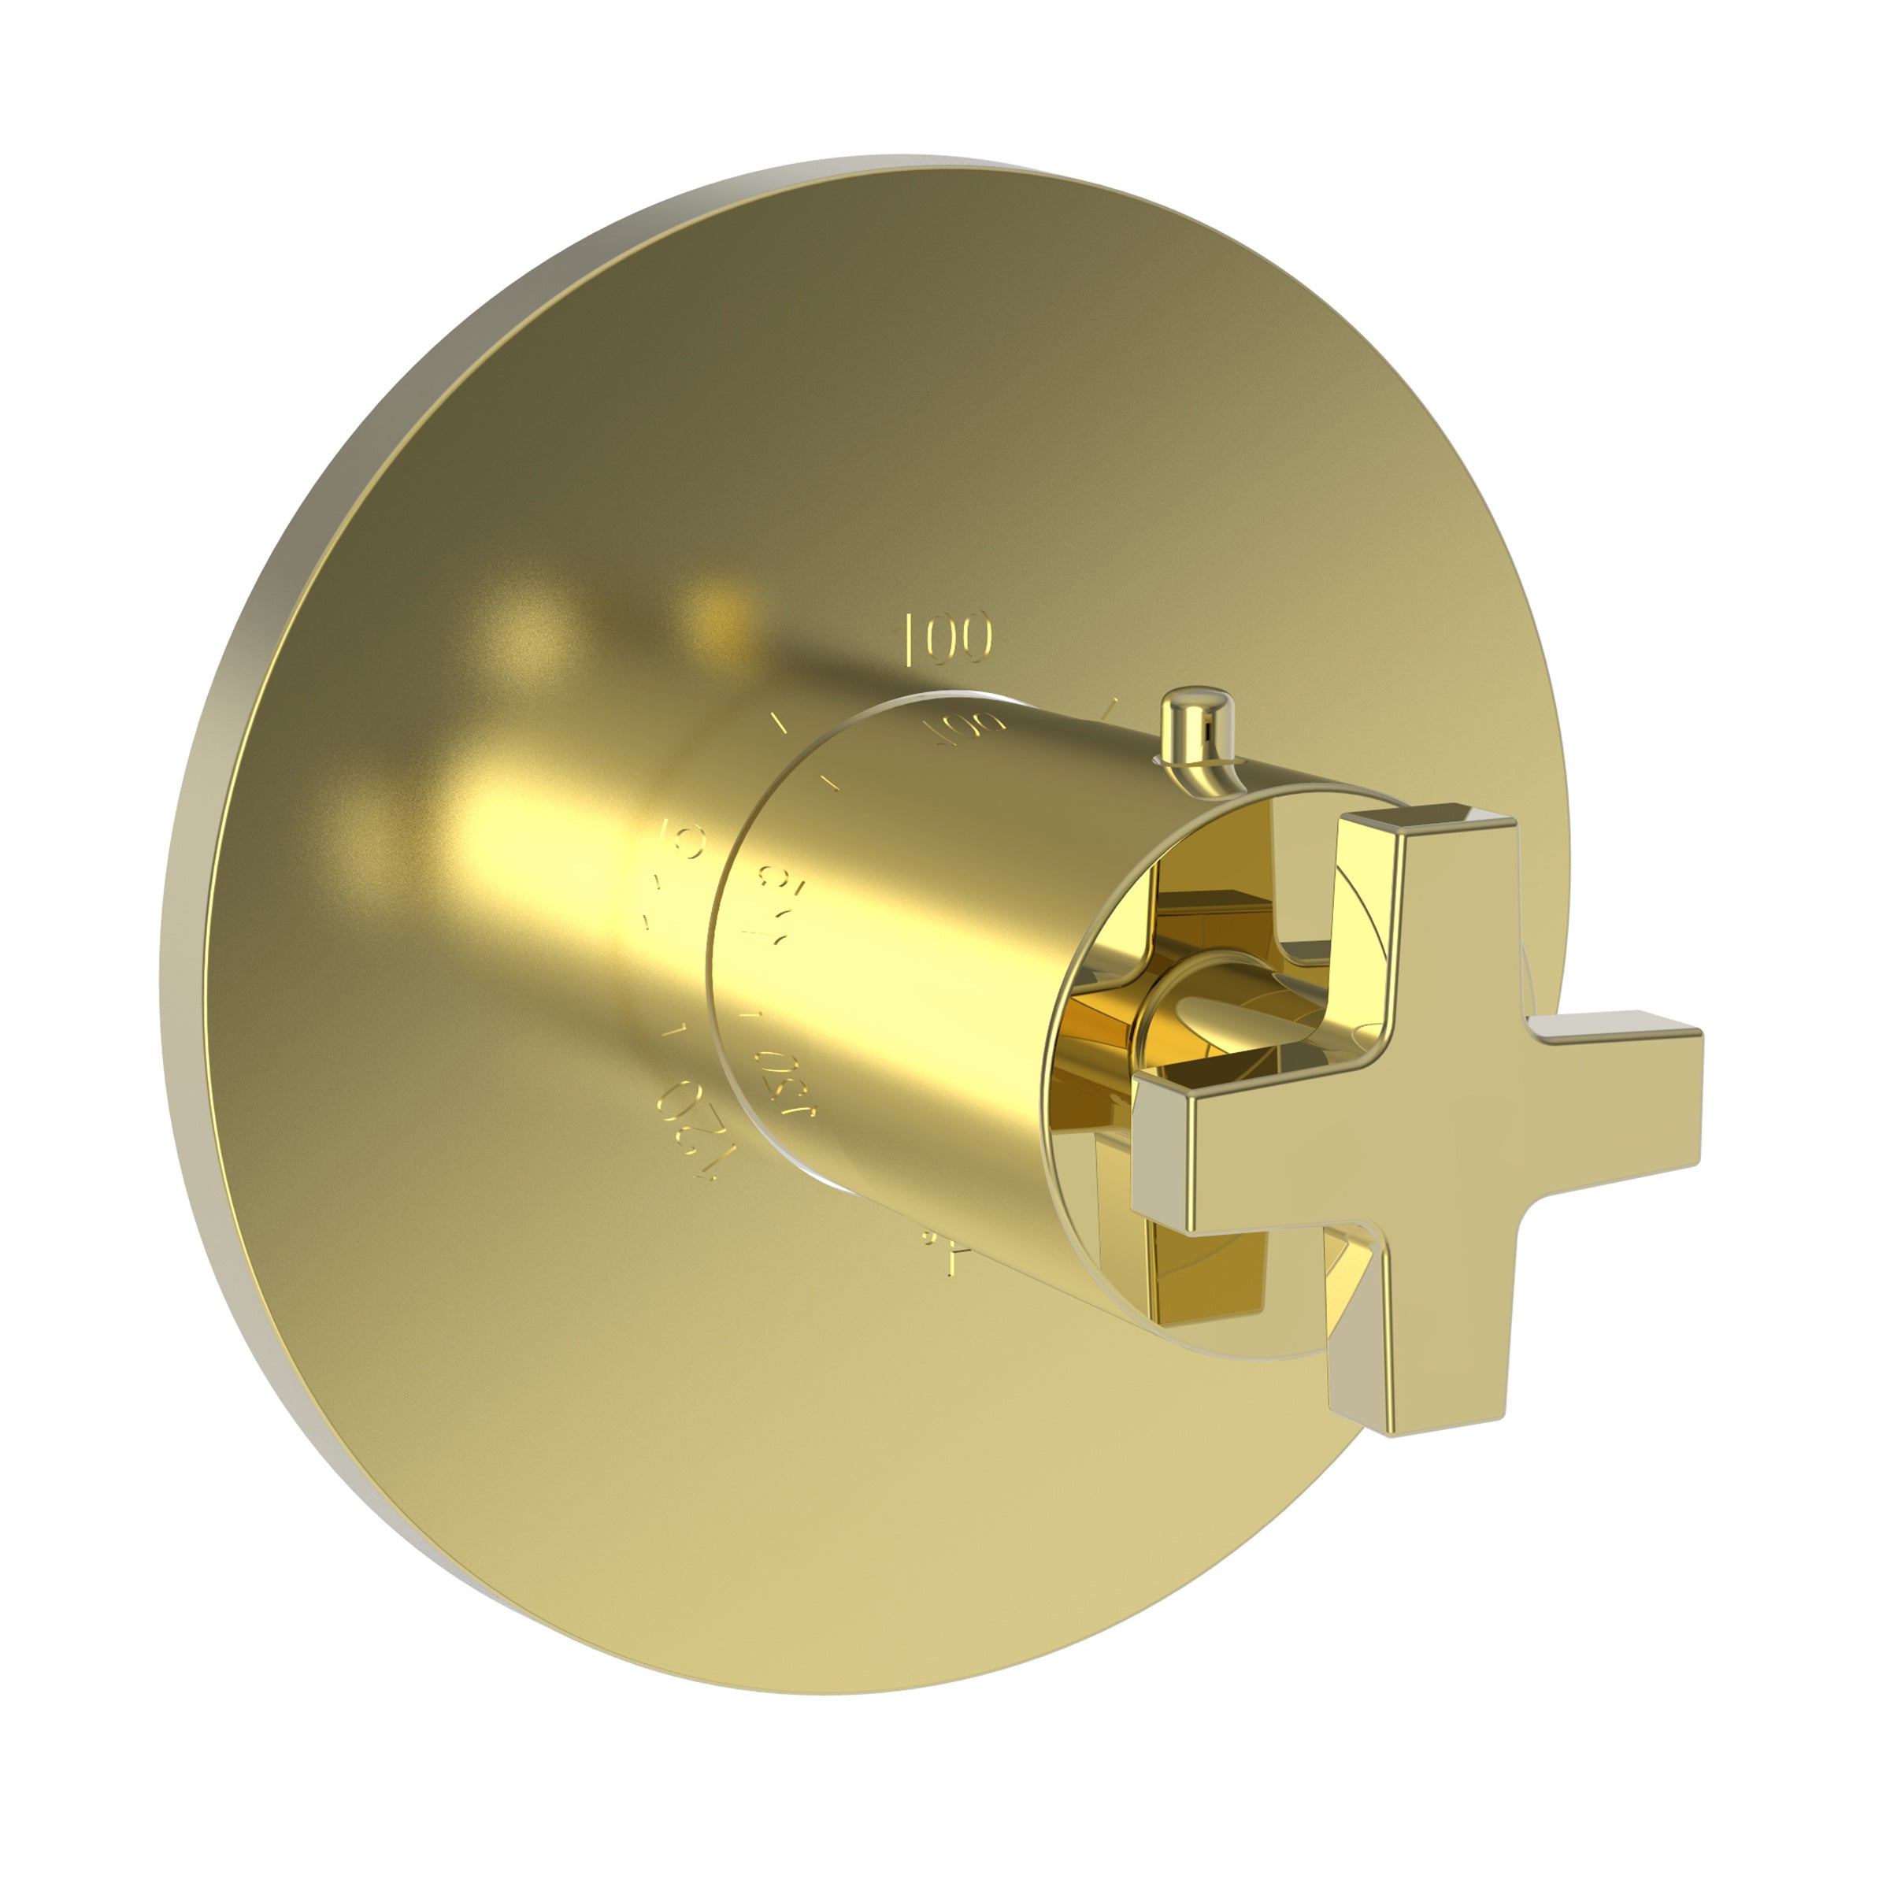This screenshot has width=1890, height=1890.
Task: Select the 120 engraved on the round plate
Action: tap(691, 1133)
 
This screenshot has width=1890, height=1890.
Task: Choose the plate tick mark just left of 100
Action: tap(780, 723)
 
